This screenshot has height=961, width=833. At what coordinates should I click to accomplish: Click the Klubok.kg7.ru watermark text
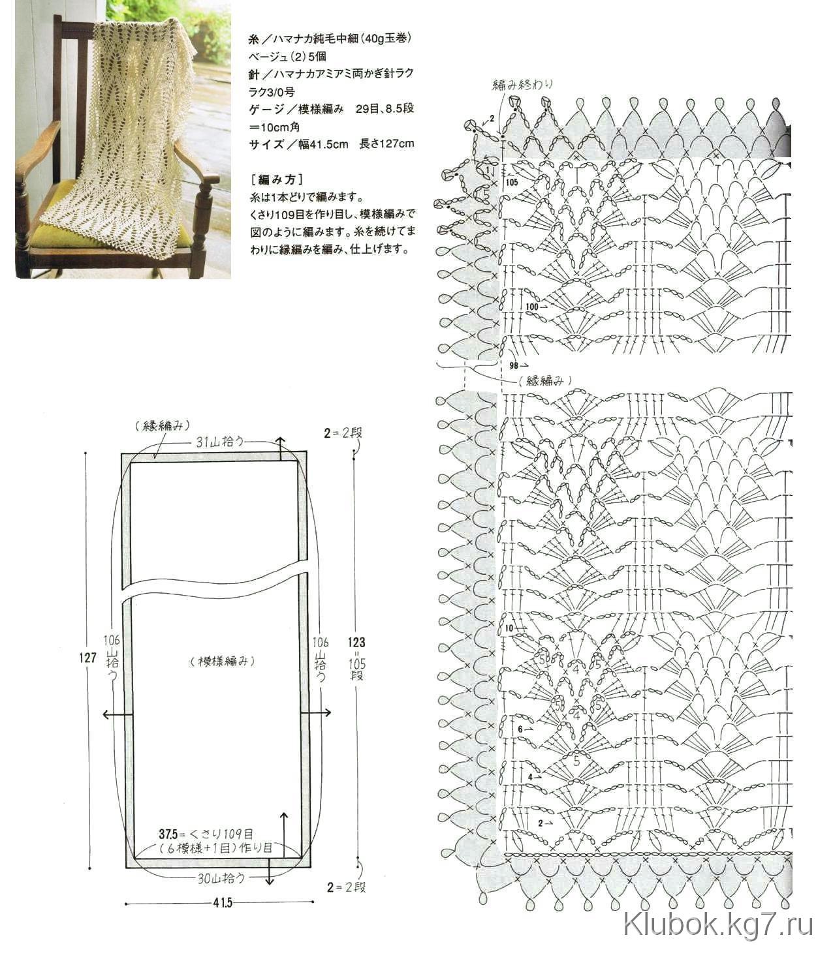717,925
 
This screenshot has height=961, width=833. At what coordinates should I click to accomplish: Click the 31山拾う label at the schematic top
221,442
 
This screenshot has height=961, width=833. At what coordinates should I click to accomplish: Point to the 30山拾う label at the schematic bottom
221,878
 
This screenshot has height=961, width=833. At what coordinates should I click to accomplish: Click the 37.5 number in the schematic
168,834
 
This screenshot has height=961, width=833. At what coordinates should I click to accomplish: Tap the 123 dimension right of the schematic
357,642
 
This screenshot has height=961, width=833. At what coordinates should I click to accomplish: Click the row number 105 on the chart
511,183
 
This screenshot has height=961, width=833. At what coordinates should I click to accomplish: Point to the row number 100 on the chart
532,306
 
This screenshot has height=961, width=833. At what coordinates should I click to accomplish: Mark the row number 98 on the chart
514,365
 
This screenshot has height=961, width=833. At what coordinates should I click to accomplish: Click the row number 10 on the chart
510,629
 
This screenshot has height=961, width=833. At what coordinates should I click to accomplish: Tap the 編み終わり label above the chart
523,84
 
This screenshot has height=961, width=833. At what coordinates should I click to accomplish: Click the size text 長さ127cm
387,144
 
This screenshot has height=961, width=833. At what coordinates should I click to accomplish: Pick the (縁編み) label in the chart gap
541,380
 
